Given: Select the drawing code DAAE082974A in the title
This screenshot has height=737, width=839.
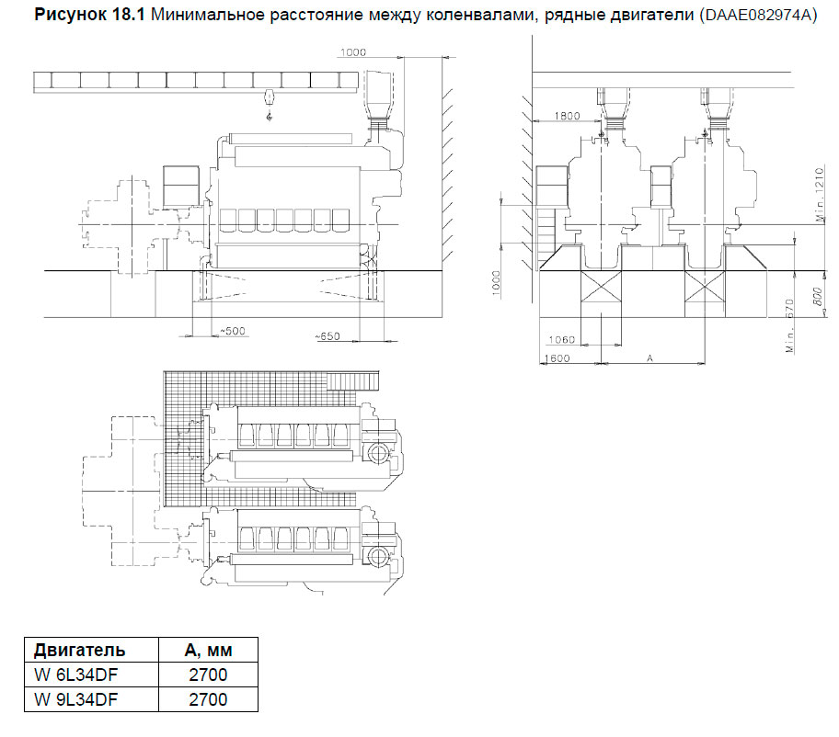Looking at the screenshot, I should tap(760, 16).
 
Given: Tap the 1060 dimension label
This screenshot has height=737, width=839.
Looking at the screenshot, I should tap(560, 340).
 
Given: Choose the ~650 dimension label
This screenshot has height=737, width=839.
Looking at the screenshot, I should tap(328, 336).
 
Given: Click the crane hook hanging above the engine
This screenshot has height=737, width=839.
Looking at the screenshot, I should tap(269, 115).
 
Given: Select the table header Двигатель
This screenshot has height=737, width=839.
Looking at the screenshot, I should tap(80, 651).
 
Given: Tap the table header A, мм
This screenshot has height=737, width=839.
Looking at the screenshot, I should tap(208, 651).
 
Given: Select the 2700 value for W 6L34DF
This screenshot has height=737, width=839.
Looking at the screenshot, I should tap(208, 675).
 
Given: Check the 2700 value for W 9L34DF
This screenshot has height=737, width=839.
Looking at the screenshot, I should tap(208, 699).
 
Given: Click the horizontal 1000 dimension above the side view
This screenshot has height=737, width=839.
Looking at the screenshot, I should tap(352, 52).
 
